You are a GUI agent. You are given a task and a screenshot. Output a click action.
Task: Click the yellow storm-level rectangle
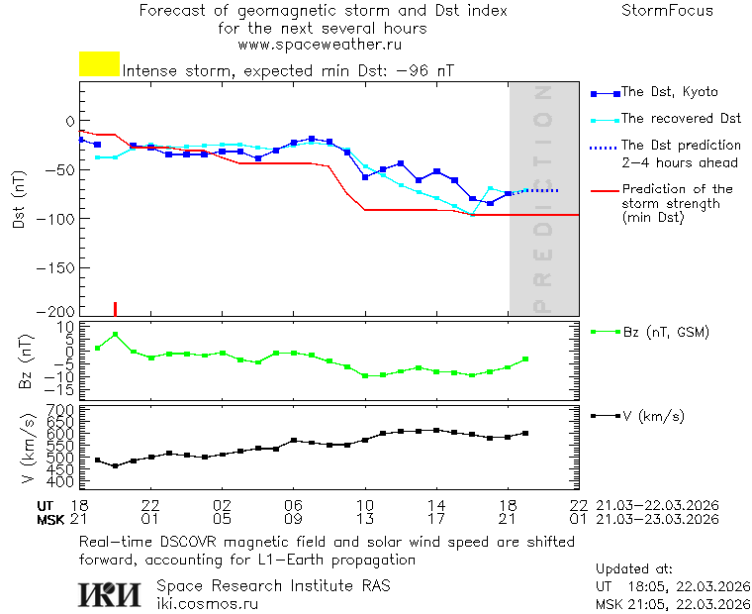[99, 64]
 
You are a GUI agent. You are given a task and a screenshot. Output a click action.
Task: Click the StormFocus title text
[667, 11]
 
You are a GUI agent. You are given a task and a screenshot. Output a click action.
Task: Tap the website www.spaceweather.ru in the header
[320, 45]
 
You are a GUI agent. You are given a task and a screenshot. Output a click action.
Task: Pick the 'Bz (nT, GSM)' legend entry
[665, 332]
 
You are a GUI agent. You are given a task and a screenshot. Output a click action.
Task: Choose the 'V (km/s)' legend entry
[653, 416]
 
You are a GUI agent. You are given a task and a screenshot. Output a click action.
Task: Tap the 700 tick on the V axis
[61, 409]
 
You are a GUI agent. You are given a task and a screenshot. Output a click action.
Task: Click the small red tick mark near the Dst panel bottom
[115, 308]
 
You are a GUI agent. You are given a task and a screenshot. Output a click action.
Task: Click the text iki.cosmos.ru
[208, 603]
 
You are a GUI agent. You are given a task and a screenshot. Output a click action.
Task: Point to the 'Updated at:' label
[634, 569]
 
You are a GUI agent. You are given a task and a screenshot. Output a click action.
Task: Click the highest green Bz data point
[115, 335]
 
